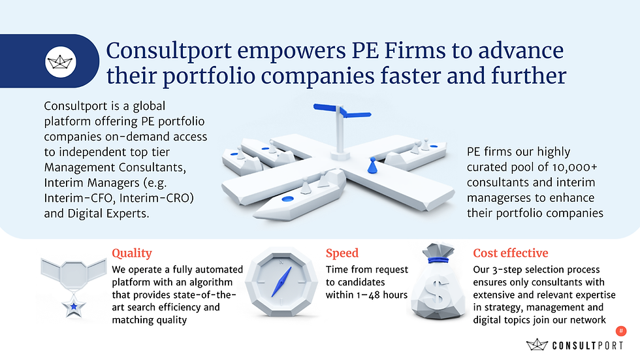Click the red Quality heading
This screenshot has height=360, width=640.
[132, 253]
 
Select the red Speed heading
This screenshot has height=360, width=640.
[342, 253]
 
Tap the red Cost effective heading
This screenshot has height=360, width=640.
[511, 253]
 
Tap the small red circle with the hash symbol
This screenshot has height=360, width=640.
[621, 332]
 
